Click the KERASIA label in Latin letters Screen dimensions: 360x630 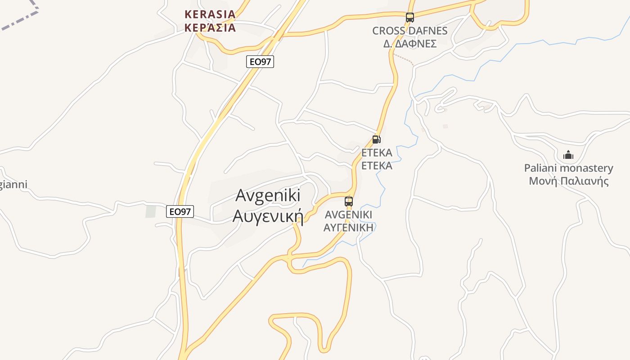pos(210,14)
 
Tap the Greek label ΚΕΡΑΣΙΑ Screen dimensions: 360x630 pos(210,28)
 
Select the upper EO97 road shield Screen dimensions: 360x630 pos(260,62)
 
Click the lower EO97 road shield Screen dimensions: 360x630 pos(180,211)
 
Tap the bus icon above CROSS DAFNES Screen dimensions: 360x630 pos(409,18)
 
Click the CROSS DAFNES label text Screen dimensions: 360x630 pos(409,31)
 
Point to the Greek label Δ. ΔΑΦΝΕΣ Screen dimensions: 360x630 pos(409,44)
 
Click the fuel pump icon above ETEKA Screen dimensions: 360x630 pos(377,139)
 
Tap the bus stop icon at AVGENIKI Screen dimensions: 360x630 pos(349,201)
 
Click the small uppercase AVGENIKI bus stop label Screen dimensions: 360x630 pos(349,215)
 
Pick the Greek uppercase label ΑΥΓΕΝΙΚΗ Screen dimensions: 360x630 pos(349,227)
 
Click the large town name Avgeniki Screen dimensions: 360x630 pos(268,196)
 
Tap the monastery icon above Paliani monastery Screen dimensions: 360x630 pos(568,155)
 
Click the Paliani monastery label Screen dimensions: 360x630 pos(568,168)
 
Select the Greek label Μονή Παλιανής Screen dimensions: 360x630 pos(568,181)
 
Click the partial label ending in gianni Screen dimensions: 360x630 pos(13,184)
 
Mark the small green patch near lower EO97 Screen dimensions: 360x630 pos(150,211)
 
